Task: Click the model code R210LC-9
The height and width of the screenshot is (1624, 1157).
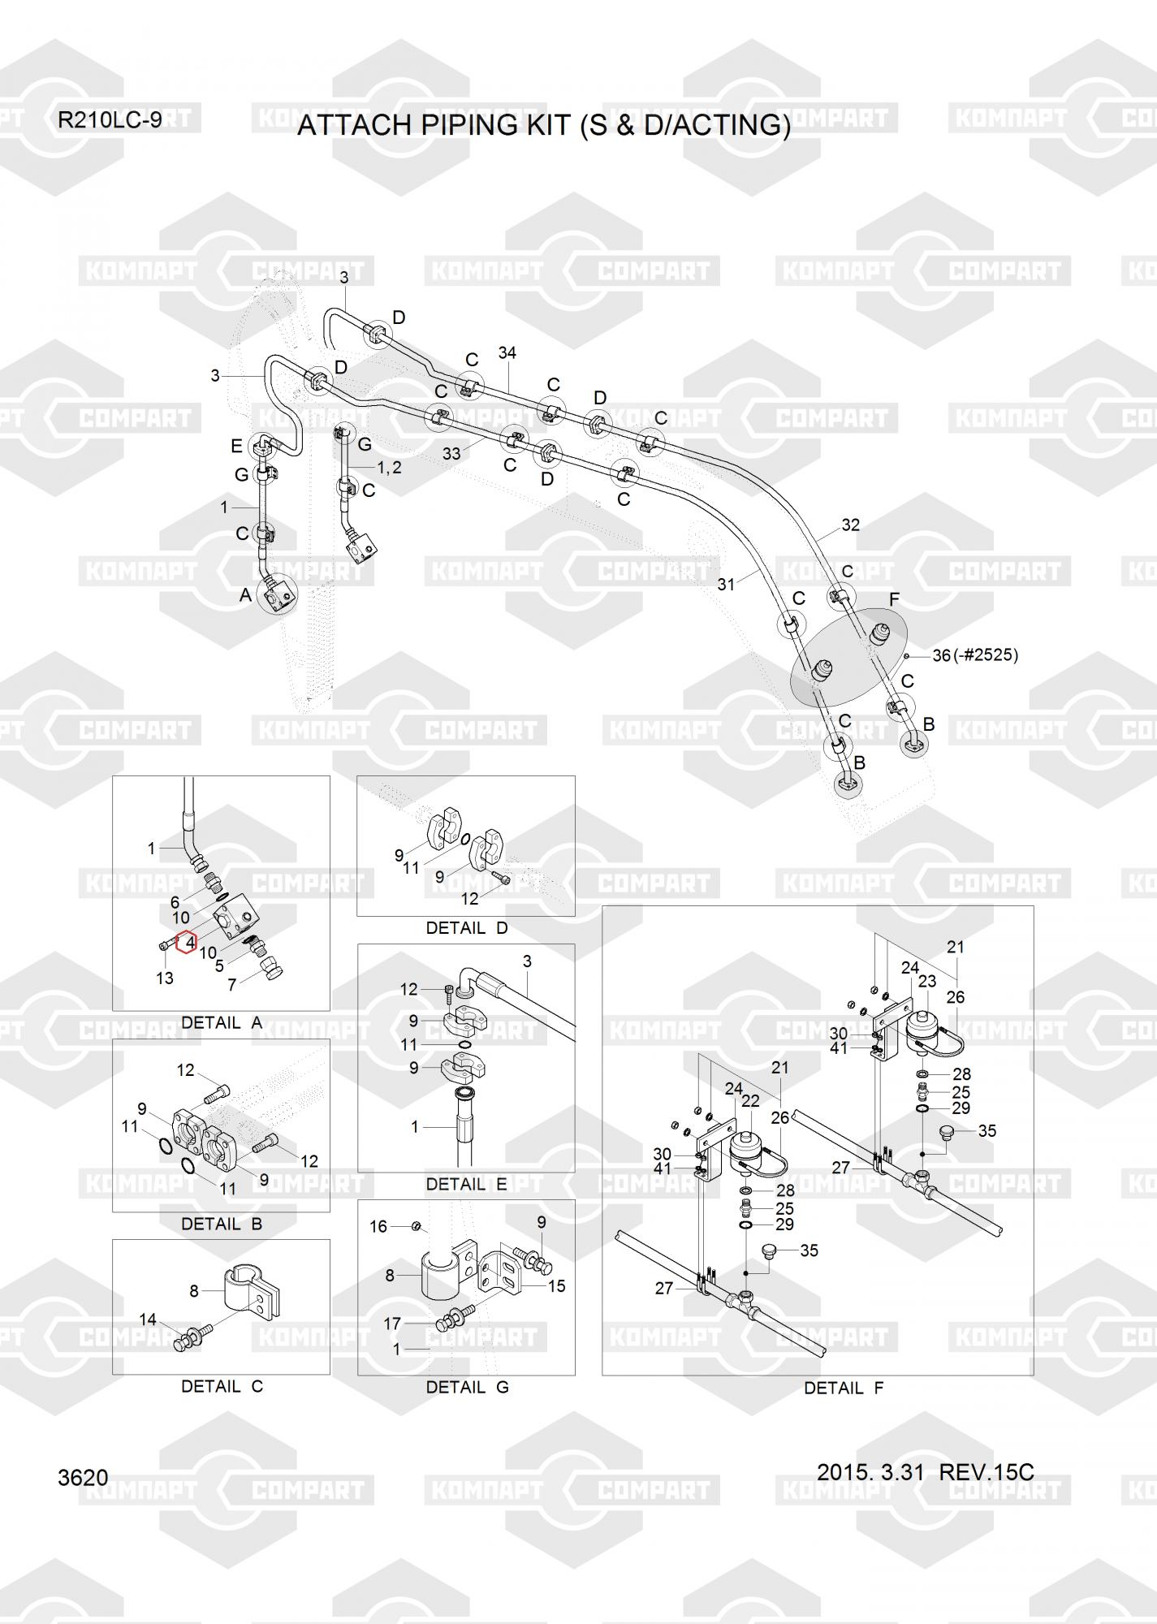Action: (x=110, y=120)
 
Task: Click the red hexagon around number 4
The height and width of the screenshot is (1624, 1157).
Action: (x=187, y=942)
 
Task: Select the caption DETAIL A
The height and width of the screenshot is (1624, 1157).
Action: (x=222, y=1023)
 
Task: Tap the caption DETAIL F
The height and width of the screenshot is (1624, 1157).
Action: (x=844, y=1389)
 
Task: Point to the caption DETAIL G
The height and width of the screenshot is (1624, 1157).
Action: (x=467, y=1387)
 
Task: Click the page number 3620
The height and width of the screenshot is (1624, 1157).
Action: (x=83, y=1478)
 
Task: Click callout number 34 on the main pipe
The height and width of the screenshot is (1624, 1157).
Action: (x=507, y=353)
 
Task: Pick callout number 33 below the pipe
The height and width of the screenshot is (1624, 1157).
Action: (x=451, y=454)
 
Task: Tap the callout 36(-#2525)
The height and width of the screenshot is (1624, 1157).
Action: (x=974, y=654)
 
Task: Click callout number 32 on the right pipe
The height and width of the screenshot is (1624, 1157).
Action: (x=850, y=525)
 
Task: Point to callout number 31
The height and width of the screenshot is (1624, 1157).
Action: (x=726, y=584)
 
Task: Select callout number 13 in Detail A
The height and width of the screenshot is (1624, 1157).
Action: (x=165, y=978)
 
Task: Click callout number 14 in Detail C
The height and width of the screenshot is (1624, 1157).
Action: (x=148, y=1319)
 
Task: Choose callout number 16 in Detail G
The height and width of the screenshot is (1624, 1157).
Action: (x=378, y=1226)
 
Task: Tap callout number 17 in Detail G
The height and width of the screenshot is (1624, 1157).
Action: (x=392, y=1324)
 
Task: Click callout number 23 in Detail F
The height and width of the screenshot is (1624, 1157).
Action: (x=927, y=981)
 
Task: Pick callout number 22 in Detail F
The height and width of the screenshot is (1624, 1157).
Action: (x=751, y=1100)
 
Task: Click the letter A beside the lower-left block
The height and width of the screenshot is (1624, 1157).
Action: (x=246, y=595)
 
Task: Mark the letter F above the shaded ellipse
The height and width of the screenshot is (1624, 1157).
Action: (x=894, y=599)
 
